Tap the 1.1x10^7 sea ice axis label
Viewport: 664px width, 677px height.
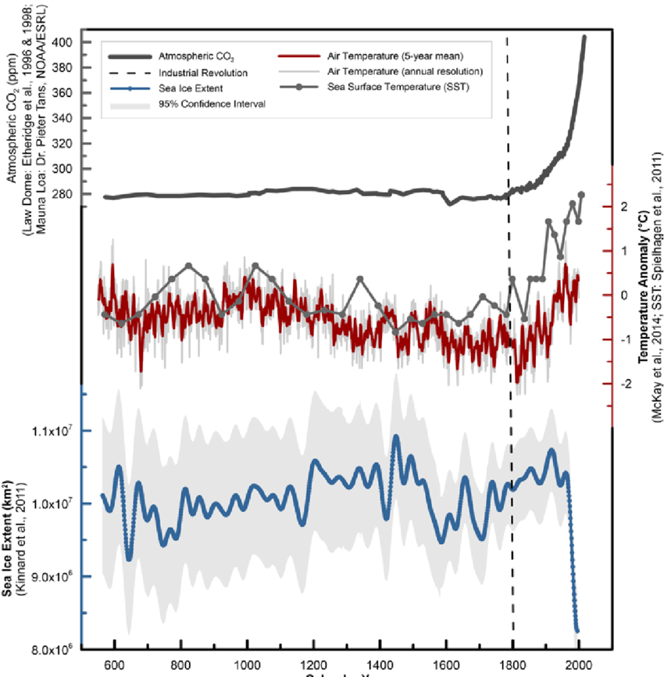[x=50, y=431]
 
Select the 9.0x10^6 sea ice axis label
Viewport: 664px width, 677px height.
[x=50, y=576]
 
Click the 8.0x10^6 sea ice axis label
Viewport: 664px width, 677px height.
[x=50, y=648]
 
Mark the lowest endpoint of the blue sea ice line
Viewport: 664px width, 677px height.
[x=577, y=630]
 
